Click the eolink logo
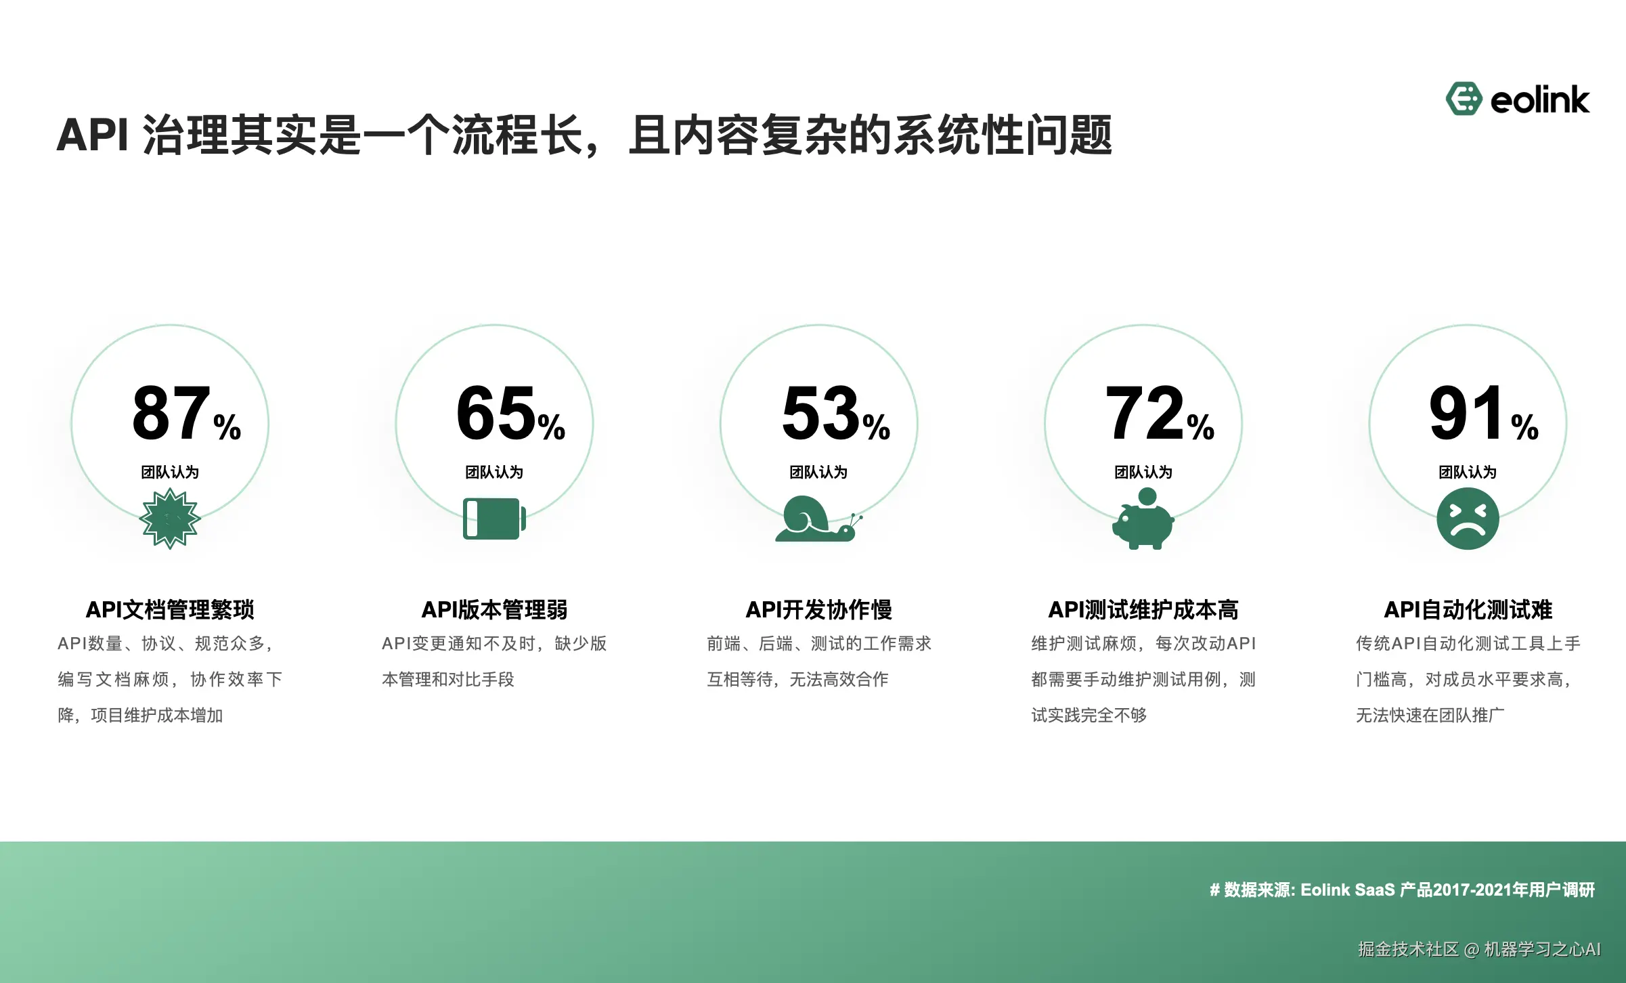click(1517, 100)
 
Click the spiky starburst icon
click(170, 519)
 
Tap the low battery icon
click(494, 519)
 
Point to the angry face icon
click(1468, 519)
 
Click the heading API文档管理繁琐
click(170, 609)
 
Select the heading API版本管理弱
click(494, 609)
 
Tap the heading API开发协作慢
click(818, 609)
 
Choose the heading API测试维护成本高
click(1143, 609)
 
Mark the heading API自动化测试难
click(1468, 609)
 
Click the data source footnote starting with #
click(1402, 890)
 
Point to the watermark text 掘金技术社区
click(1408, 949)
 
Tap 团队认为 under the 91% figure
click(1468, 472)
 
